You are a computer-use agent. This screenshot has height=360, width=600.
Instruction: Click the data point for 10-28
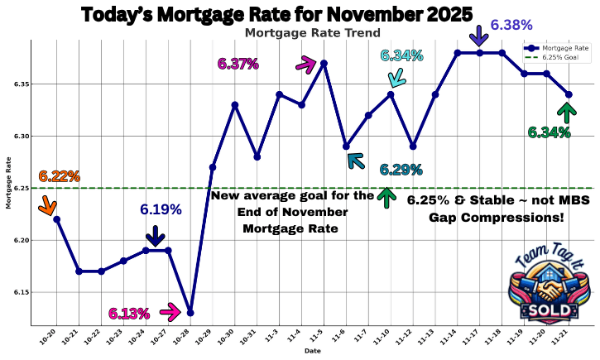point(190,313)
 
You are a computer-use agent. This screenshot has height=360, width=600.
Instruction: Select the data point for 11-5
point(324,63)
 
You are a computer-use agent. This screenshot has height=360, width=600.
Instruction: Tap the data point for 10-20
point(56,219)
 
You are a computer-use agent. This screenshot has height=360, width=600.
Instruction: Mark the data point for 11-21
point(568,94)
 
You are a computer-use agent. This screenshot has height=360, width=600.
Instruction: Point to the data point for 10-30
point(235,104)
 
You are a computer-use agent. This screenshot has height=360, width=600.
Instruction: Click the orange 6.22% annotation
point(60,176)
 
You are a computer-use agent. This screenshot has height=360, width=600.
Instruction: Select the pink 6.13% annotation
point(128,314)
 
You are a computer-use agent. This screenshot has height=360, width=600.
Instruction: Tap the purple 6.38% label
point(512,26)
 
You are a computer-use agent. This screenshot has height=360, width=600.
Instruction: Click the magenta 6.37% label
point(238,64)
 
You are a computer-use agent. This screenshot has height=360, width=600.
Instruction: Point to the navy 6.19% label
point(161,210)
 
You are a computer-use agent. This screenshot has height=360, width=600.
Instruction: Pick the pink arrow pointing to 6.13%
point(170,312)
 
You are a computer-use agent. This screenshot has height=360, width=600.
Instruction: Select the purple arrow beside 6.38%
point(478,35)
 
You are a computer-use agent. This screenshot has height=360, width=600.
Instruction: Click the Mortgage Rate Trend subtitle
point(313,33)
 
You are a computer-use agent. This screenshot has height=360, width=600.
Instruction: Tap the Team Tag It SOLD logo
point(548,286)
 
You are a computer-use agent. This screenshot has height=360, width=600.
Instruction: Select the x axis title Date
point(312,351)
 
